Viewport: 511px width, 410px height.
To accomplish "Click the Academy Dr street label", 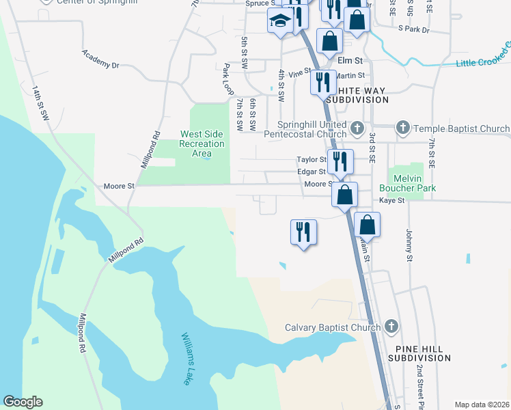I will click(100, 59).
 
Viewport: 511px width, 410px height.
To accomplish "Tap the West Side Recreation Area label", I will click(202, 143).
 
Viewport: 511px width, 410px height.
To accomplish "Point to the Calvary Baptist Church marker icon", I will click(391, 327).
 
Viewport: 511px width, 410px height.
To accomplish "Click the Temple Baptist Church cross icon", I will click(403, 128).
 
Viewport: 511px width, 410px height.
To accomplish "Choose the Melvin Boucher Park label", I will click(411, 182).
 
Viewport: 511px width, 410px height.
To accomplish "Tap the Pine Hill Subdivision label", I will click(419, 353).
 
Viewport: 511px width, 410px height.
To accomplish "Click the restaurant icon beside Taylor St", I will click(340, 162).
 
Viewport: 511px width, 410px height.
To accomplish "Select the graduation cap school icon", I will click(280, 20).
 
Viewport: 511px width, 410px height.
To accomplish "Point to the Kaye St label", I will click(392, 200).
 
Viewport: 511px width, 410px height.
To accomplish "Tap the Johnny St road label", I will click(410, 245).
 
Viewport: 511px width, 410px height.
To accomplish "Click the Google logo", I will click(23, 402).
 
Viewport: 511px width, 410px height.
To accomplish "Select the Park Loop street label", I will click(227, 79).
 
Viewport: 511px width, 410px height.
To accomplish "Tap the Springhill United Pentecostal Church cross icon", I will click(357, 128).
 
